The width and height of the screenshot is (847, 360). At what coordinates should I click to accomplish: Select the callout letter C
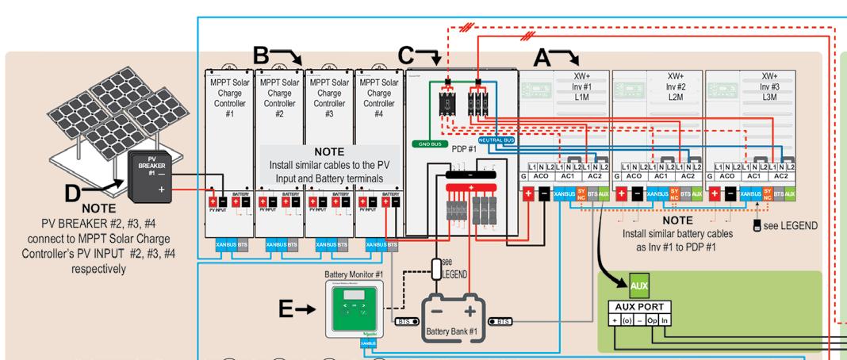click(x=407, y=56)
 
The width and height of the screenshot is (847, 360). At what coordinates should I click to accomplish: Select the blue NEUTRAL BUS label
click(x=497, y=140)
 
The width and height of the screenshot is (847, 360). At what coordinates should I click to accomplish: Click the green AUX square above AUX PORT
click(x=638, y=284)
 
